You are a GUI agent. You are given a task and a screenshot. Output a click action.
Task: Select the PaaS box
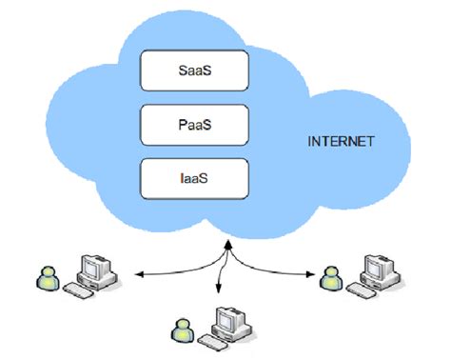pos(194,122)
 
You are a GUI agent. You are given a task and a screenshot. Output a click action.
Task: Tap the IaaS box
pos(194,177)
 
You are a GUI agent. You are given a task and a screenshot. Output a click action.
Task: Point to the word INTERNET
pos(341,142)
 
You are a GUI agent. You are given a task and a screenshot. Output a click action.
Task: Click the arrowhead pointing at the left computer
pos(136,275)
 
